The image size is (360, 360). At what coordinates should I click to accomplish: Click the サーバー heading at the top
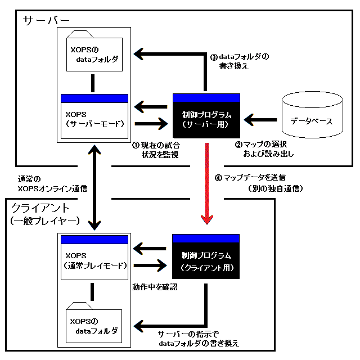coord(46,20)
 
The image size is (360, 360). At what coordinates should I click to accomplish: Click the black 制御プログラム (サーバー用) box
coord(206,116)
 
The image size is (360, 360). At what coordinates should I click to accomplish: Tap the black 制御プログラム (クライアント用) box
coord(206,256)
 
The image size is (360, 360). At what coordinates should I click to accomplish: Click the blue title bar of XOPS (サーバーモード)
coord(94,98)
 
